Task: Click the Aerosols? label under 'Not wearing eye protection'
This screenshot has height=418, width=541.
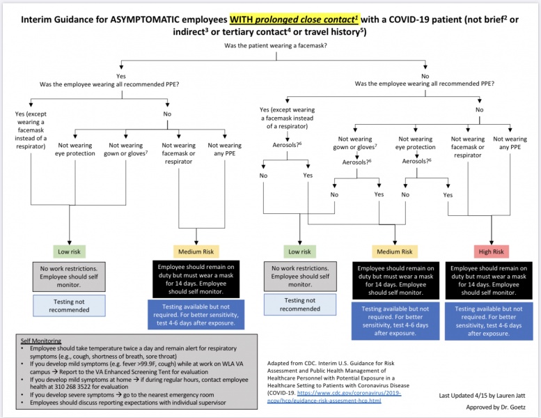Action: point(416,160)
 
